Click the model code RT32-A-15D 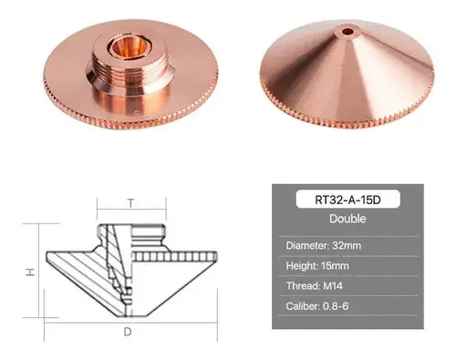tap(347, 200)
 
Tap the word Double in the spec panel tap(347, 219)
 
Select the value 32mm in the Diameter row tap(347, 245)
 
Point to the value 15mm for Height tap(335, 266)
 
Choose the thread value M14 tap(333, 286)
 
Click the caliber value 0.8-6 tap(336, 306)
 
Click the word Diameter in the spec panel tap(307, 245)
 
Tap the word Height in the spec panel tap(302, 266)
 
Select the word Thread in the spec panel tap(303, 286)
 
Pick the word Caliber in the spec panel tap(303, 306)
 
